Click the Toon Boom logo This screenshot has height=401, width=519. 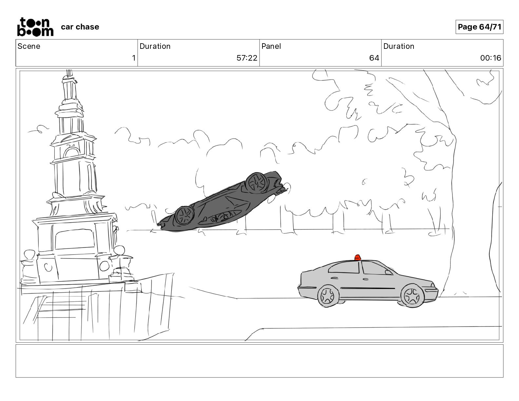tap(35, 27)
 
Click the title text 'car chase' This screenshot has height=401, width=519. tap(80, 27)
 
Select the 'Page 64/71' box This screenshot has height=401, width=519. tap(479, 27)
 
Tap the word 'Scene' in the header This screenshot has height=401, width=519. tap(29, 46)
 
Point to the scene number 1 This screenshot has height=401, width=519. tap(134, 58)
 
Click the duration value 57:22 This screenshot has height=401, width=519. tap(247, 58)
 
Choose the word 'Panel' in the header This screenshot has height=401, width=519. tap(271, 46)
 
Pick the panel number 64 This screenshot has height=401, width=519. tap(374, 58)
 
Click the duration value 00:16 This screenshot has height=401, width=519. tap(490, 58)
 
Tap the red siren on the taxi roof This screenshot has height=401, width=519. tap(357, 258)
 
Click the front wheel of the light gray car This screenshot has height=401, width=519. tap(412, 296)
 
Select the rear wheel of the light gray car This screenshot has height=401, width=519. tap(328, 296)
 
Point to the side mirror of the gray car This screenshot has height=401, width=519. tap(388, 272)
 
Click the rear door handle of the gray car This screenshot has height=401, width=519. tap(335, 278)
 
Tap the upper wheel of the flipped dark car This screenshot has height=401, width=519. tap(257, 183)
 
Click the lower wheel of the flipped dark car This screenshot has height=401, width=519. tap(184, 216)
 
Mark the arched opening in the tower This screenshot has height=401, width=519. tap(71, 153)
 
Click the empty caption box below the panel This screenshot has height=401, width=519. tap(259, 361)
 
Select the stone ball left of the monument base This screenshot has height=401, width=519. tap(29, 255)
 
